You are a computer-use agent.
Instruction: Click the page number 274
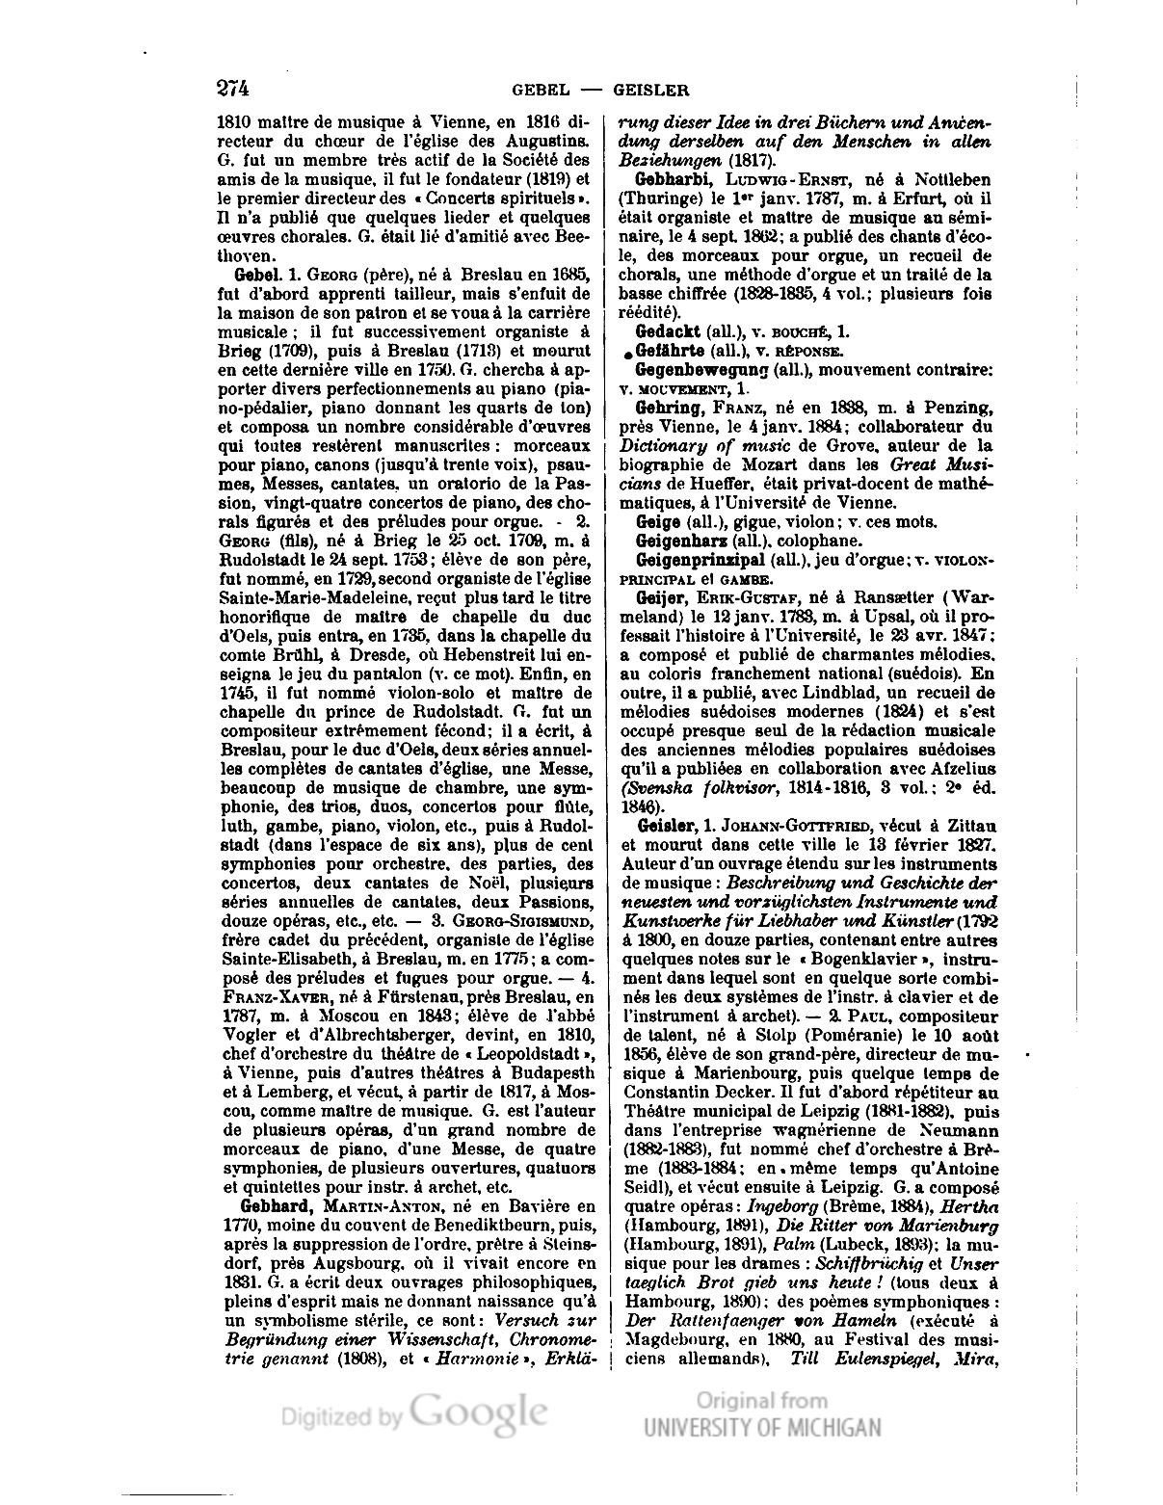click(233, 89)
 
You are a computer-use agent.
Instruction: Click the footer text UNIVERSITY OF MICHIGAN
click(762, 1428)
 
